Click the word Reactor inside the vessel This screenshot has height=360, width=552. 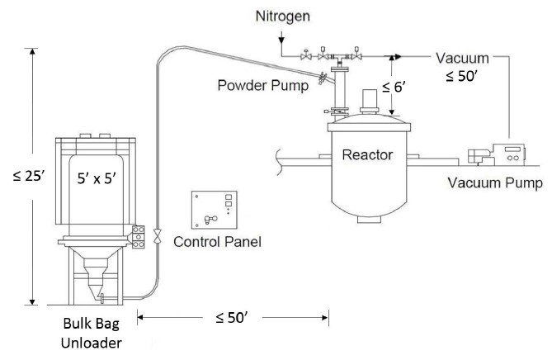(x=367, y=154)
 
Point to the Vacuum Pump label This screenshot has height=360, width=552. (x=500, y=183)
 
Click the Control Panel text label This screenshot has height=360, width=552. (x=218, y=242)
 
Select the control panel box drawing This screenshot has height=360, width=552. (x=216, y=211)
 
